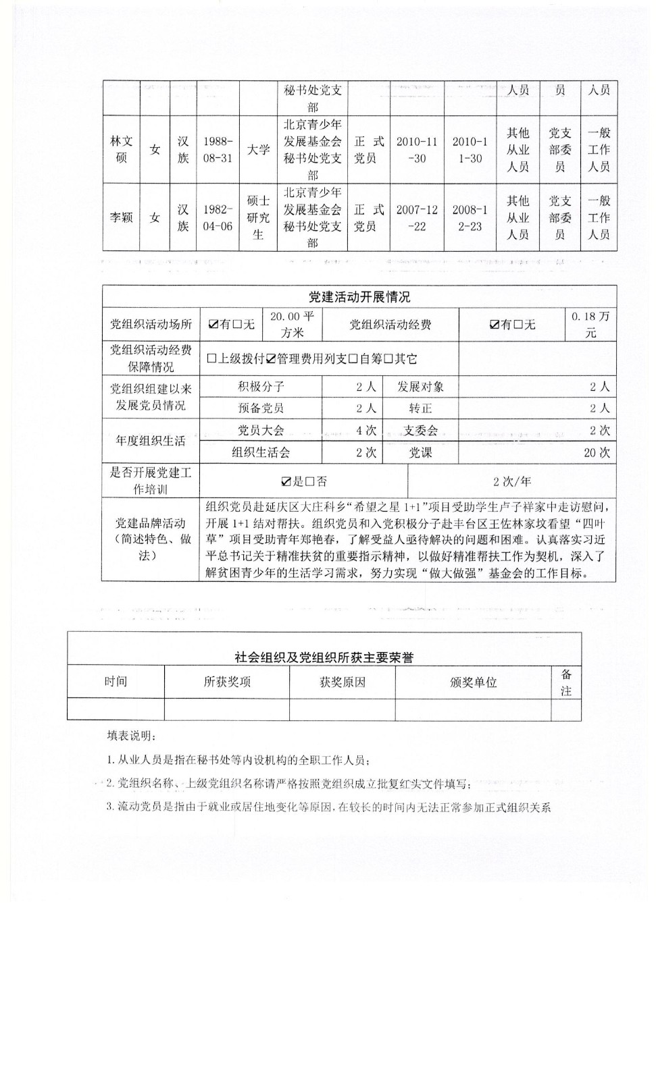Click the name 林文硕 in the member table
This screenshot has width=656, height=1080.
[x=122, y=149]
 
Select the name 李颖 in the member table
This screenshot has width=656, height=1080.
[x=122, y=217]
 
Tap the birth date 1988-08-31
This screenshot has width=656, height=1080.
[x=218, y=149]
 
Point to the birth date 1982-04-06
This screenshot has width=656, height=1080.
[x=218, y=217]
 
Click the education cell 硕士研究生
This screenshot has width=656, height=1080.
[x=258, y=217]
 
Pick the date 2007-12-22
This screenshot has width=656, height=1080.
[x=417, y=217]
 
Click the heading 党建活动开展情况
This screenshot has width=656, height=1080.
[x=359, y=297]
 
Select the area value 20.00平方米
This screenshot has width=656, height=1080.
[x=292, y=324]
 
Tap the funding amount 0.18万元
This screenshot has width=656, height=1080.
[x=590, y=324]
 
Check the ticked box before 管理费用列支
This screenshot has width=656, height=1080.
[x=271, y=359]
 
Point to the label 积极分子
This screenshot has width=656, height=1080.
[x=261, y=387]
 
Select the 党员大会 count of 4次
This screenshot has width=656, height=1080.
[x=366, y=431]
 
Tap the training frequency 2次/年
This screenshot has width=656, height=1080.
[x=511, y=481]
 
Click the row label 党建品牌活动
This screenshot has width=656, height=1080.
[x=150, y=523]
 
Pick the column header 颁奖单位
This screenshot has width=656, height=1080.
[x=473, y=682]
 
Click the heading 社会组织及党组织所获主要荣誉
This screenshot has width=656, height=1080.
[x=324, y=657]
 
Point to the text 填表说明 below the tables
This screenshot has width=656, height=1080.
[x=131, y=735]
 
